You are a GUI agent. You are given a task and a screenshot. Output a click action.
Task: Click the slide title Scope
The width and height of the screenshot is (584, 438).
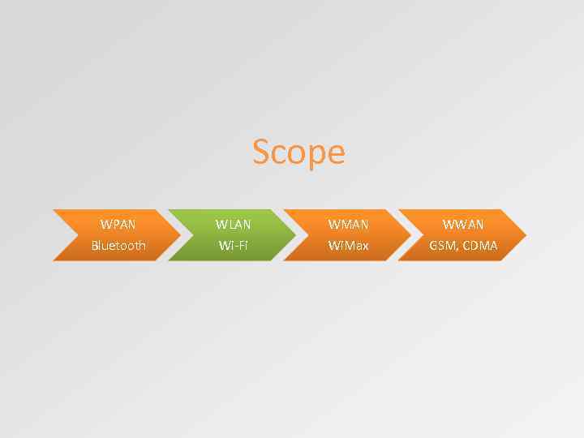[298, 152]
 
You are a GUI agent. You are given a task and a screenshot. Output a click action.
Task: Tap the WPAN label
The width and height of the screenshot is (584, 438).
[118, 224]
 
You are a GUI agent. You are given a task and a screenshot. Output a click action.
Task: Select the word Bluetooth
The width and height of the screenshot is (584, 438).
[118, 245]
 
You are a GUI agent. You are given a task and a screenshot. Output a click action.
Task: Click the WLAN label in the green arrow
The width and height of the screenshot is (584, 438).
[234, 224]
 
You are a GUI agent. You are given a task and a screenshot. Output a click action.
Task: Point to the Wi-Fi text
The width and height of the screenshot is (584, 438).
[234, 245]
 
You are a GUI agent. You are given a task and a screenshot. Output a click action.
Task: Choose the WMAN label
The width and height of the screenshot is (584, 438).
[349, 224]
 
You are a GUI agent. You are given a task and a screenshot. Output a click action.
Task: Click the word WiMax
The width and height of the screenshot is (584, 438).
[349, 245]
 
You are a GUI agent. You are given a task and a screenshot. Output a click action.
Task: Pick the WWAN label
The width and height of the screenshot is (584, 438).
[464, 224]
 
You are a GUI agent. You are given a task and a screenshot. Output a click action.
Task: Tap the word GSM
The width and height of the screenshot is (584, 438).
[444, 245]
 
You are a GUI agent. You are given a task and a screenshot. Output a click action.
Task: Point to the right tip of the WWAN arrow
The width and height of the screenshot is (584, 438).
[525, 235]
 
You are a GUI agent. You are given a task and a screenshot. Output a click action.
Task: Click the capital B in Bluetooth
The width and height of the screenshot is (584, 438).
[94, 245]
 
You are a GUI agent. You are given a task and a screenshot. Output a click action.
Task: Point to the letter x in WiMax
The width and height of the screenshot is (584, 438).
[364, 246]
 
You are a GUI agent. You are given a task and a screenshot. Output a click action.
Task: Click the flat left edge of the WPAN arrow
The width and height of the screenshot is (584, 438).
[54, 235]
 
